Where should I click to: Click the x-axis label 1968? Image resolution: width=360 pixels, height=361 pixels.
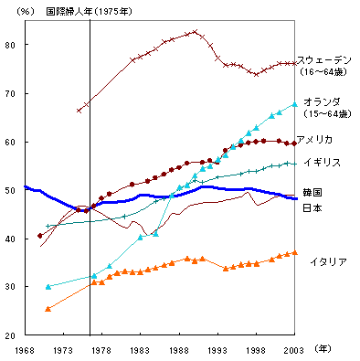[25, 350]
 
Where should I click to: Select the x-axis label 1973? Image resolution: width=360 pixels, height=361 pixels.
[63, 350]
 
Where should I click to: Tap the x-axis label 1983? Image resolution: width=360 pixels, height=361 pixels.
[140, 350]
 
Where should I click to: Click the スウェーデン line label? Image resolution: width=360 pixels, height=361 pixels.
[326, 60]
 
